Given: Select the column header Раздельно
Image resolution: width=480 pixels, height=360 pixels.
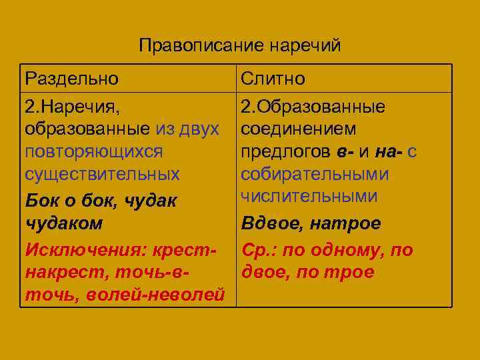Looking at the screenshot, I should [72, 79].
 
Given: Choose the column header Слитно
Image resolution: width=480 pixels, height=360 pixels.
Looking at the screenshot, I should [273, 79].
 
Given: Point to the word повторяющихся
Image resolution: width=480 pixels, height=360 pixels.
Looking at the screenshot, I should [93, 151].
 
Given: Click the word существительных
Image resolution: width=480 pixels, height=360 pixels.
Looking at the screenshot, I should [102, 175].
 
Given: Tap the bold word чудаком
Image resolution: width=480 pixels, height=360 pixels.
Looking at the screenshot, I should [64, 223].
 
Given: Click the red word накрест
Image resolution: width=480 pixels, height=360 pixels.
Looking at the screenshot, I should [57, 272].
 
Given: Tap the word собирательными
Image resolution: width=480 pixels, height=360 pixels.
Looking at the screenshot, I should [315, 175].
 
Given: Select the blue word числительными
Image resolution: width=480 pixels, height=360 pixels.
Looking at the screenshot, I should [309, 196].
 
